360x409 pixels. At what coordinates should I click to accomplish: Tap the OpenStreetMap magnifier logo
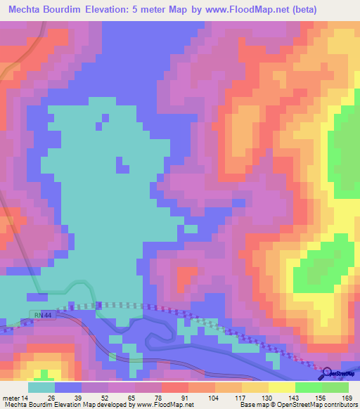[x=328, y=372]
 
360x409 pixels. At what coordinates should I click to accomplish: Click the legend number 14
[x=27, y=397]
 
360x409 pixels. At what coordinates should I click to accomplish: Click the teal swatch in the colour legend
[x=41, y=387]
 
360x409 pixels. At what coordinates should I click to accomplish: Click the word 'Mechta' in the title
[x=27, y=10]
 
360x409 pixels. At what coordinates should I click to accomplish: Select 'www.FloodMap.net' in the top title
[x=238, y=10]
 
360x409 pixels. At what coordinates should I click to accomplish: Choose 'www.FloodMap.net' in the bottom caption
[x=164, y=405]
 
